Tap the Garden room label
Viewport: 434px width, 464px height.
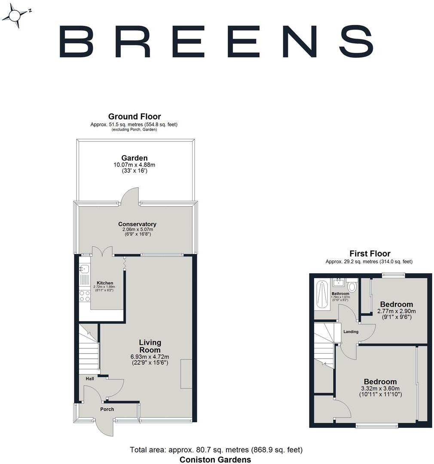pos(134,158)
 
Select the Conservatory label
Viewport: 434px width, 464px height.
pos(137,224)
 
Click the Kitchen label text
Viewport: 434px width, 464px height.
pos(105,283)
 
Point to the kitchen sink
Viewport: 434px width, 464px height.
pos(85,269)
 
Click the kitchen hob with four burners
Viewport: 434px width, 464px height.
pos(85,296)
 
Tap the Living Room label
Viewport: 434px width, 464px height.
pos(150,346)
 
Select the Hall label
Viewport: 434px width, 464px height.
pos(90,379)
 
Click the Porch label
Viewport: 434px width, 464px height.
pos(107,409)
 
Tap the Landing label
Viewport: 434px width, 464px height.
pos(351,332)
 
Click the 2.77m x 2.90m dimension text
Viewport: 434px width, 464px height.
pos(397,311)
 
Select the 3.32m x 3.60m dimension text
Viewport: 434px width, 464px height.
pos(380,388)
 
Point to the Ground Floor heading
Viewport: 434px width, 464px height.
pos(134,116)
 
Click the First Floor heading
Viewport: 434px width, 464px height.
pos(370,253)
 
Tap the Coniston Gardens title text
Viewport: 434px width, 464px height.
pos(215,460)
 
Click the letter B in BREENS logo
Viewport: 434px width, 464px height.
pos(76,41)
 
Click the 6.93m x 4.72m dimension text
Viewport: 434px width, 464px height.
pos(150,357)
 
